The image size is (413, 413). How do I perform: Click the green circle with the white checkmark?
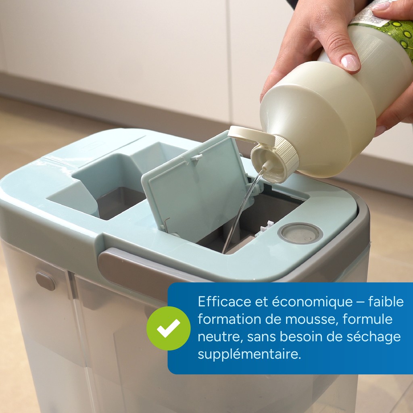168,328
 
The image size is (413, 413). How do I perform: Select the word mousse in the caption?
310,319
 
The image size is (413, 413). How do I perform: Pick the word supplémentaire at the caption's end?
249,355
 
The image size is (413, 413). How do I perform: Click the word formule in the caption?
367,319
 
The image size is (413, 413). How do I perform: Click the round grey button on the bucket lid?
300,233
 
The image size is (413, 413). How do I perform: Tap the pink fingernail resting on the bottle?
350,63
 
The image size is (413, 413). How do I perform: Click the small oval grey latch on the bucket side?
46,281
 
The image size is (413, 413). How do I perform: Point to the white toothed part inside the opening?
265,228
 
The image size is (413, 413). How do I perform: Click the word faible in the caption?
386,302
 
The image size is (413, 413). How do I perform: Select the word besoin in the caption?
300,336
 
